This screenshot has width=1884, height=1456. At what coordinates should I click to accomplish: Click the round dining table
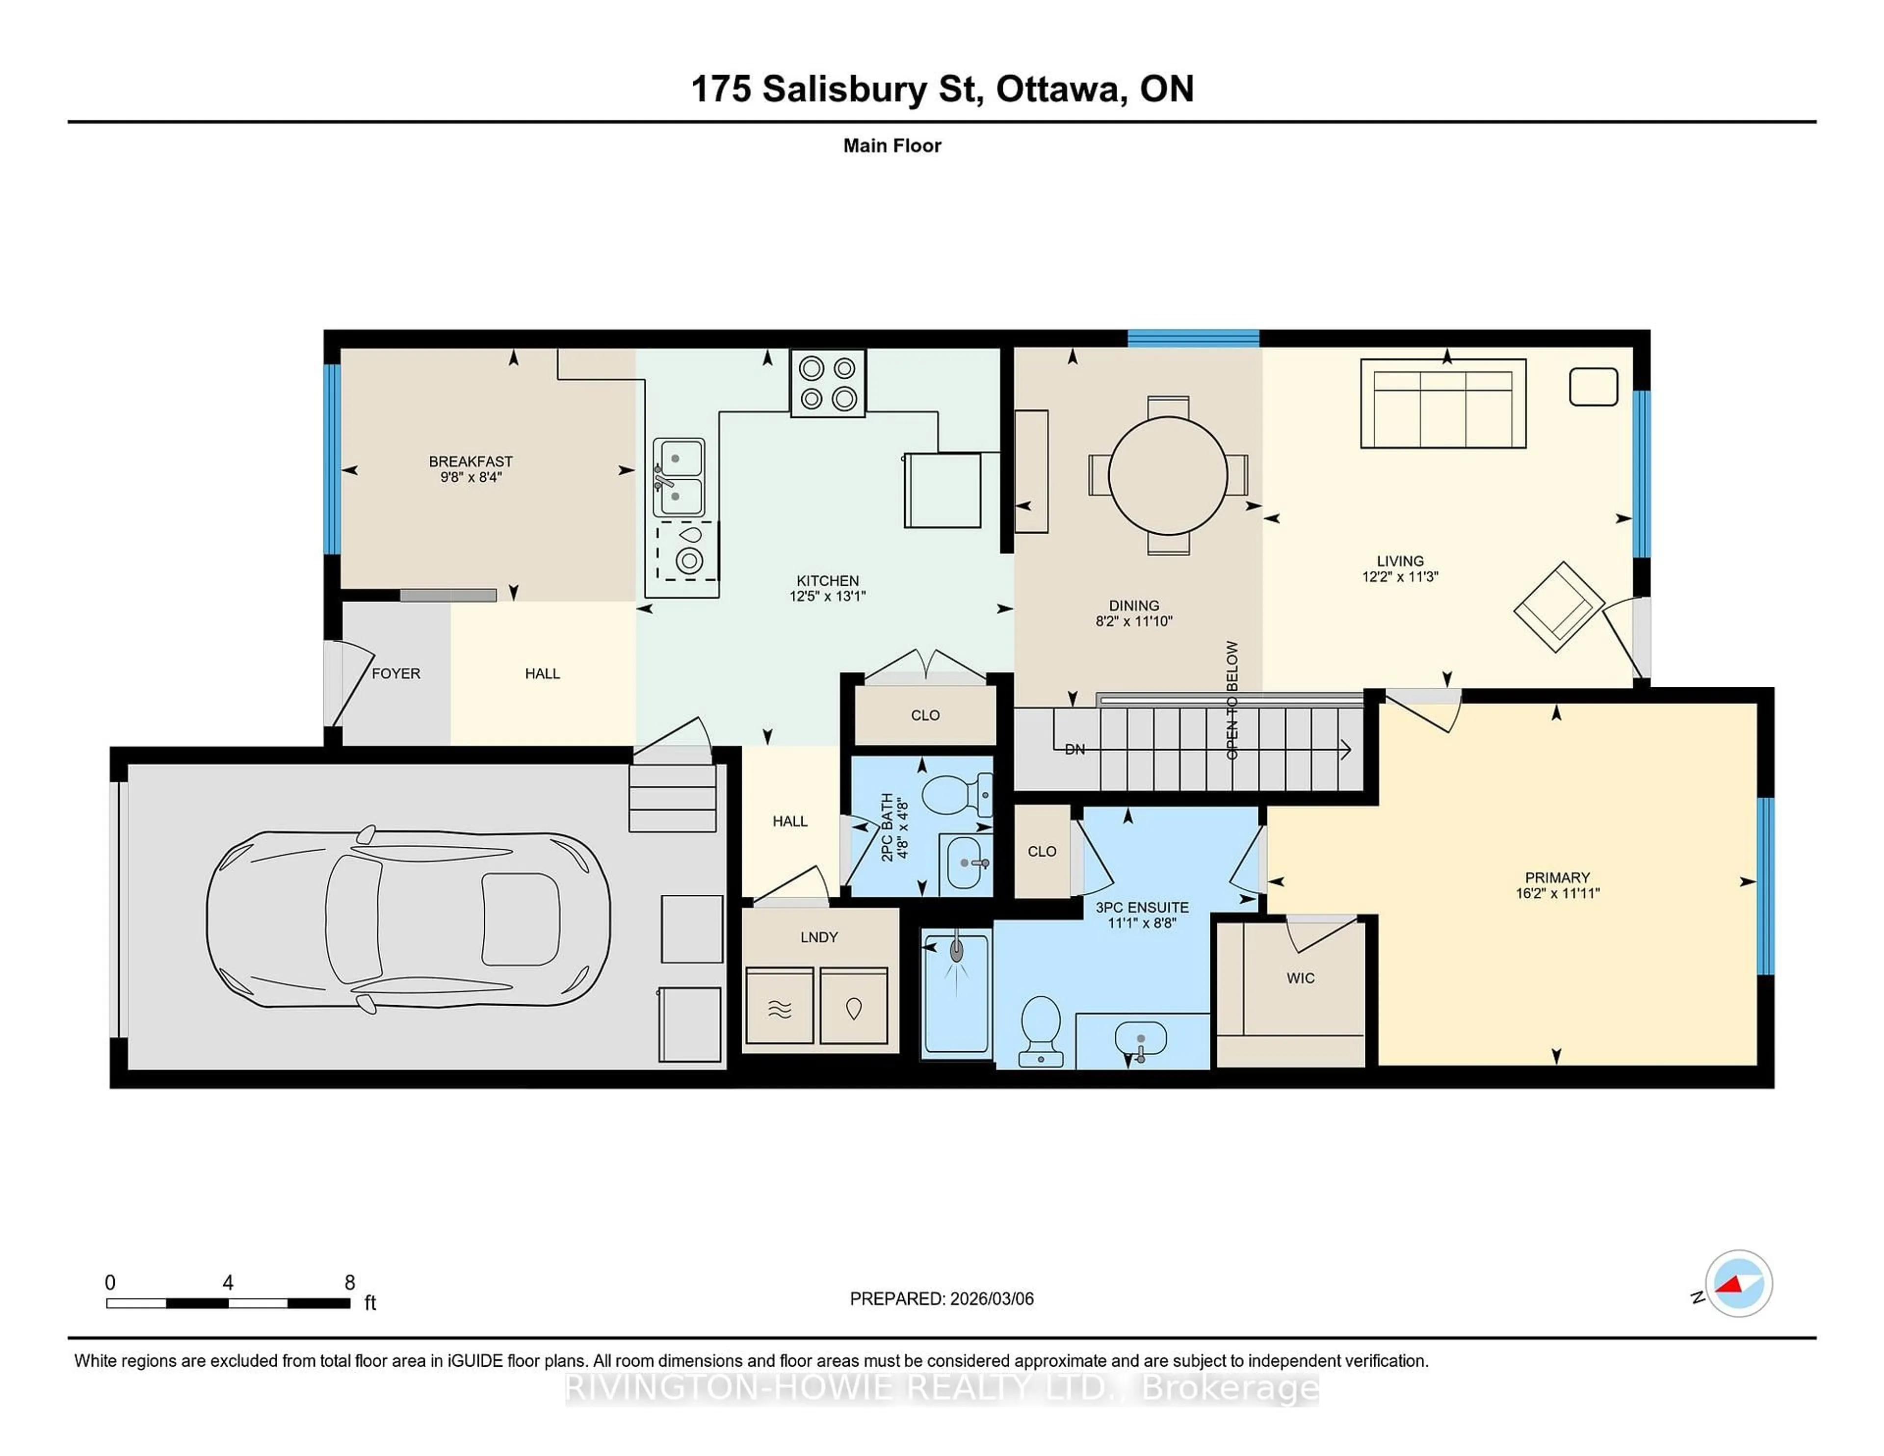point(1167,475)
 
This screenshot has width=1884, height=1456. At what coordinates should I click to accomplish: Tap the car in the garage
point(408,919)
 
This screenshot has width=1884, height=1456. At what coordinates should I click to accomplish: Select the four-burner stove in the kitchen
point(827,383)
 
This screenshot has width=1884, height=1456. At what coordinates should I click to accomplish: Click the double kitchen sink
point(678,476)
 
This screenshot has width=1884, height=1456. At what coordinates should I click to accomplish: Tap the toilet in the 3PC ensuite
point(1040,1030)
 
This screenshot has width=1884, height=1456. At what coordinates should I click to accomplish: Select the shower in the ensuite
point(956,992)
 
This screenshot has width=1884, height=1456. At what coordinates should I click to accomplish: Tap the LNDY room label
point(819,937)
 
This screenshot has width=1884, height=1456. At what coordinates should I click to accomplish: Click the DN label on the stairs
point(1074,750)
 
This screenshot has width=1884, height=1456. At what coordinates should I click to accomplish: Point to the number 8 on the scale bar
point(349,1283)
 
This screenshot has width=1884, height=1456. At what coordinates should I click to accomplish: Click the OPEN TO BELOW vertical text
point(1232,701)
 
